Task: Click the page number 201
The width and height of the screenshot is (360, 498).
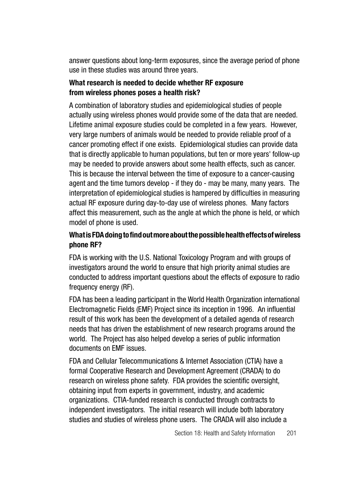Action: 291,433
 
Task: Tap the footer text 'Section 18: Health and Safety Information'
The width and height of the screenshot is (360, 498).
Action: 225,433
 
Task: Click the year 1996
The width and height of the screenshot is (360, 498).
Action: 245,309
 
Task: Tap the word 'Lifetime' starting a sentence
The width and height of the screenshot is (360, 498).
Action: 80,125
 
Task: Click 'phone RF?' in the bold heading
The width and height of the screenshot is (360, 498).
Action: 85,245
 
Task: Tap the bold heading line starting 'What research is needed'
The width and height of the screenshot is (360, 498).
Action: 156,83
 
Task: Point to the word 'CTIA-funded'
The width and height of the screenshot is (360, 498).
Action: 131,400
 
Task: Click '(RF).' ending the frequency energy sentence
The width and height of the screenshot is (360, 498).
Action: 127,287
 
